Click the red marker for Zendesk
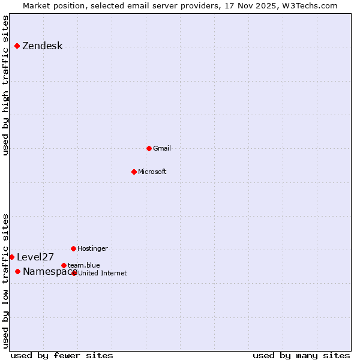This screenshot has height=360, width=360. [x=17, y=46]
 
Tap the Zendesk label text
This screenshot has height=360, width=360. [x=42, y=46]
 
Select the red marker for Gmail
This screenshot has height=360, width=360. [x=149, y=148]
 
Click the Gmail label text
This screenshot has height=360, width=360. [x=162, y=148]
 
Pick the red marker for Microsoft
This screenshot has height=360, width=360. [x=134, y=172]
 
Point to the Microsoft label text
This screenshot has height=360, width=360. [x=152, y=172]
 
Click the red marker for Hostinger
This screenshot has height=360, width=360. [x=73, y=248]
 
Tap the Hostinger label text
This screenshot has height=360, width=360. [x=92, y=248]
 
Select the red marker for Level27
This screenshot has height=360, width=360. [x=11, y=257]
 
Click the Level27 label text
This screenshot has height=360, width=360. [x=35, y=257]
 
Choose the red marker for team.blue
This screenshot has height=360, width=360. [x=64, y=265]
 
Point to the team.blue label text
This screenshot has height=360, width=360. [x=83, y=265]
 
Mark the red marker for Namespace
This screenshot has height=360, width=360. [x=17, y=271]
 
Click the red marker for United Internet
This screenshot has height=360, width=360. [x=74, y=273]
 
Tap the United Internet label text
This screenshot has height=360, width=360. [x=102, y=273]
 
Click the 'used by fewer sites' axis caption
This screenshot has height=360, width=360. [x=62, y=355]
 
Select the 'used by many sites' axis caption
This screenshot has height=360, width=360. [x=301, y=355]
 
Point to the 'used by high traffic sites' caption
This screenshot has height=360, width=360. [x=6, y=85]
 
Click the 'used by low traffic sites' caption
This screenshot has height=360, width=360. [x=6, y=281]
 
